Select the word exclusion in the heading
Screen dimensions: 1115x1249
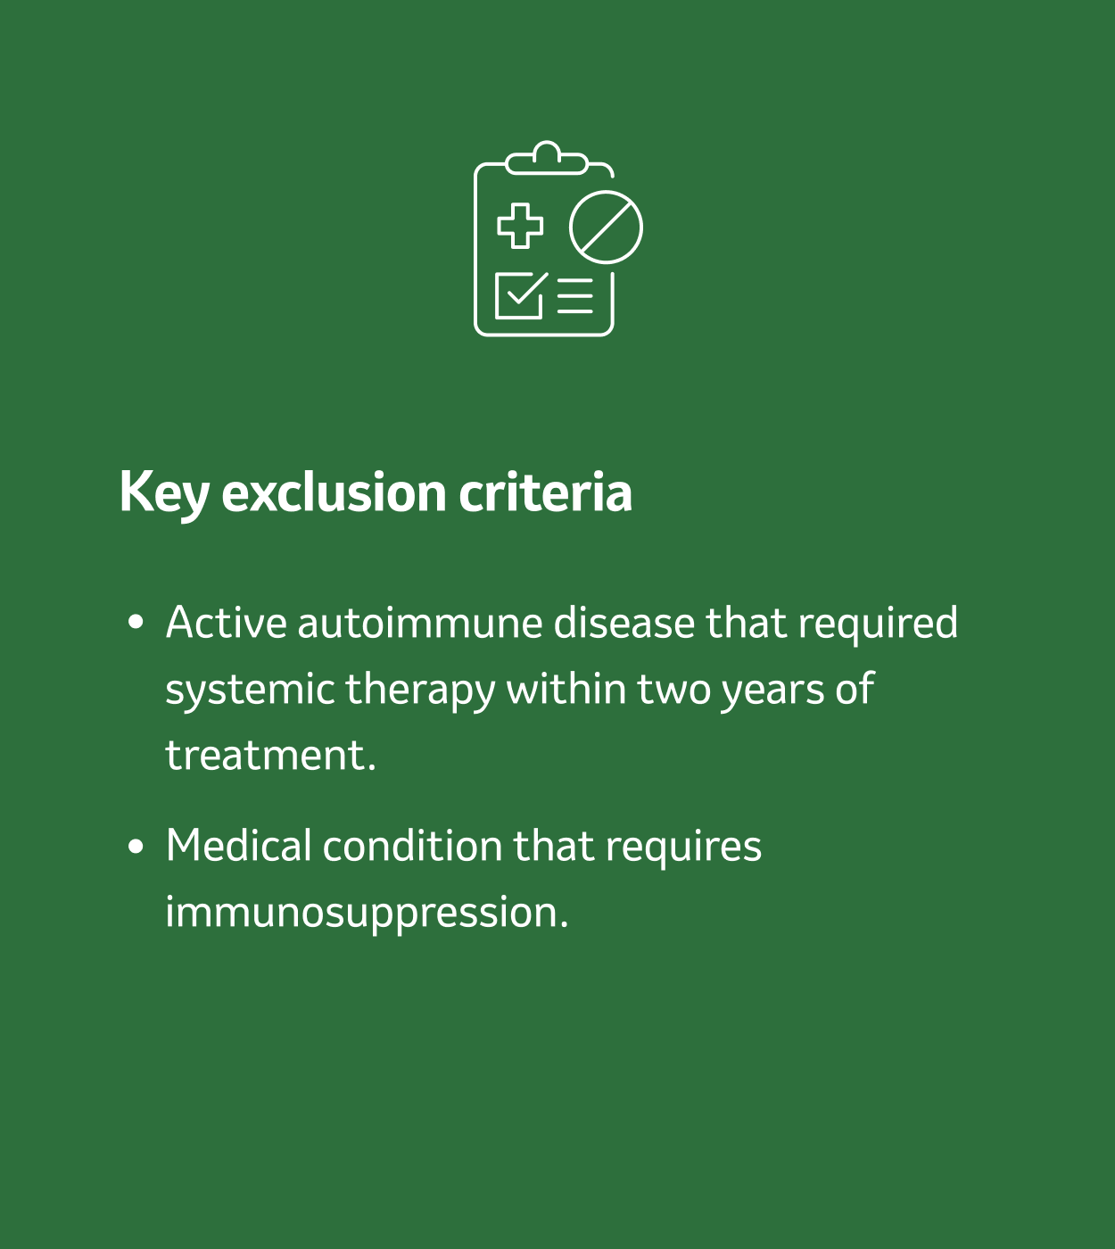(334, 492)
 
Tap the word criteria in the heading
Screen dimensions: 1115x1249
(546, 492)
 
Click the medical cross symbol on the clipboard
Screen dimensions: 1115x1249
(520, 226)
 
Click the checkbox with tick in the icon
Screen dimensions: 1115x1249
(522, 295)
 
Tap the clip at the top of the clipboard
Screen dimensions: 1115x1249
(547, 159)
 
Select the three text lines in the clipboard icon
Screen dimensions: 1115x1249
(575, 296)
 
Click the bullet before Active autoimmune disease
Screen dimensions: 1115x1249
(136, 622)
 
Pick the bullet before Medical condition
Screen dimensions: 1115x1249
(136, 847)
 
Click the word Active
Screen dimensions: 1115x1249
(227, 622)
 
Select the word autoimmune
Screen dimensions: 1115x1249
(420, 622)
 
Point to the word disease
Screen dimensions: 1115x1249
(624, 622)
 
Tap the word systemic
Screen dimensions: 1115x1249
(251, 691)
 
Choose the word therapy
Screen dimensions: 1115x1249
(420, 691)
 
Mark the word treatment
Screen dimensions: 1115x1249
(270, 756)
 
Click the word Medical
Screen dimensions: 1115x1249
(238, 846)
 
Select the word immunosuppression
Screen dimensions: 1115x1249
(367, 914)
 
